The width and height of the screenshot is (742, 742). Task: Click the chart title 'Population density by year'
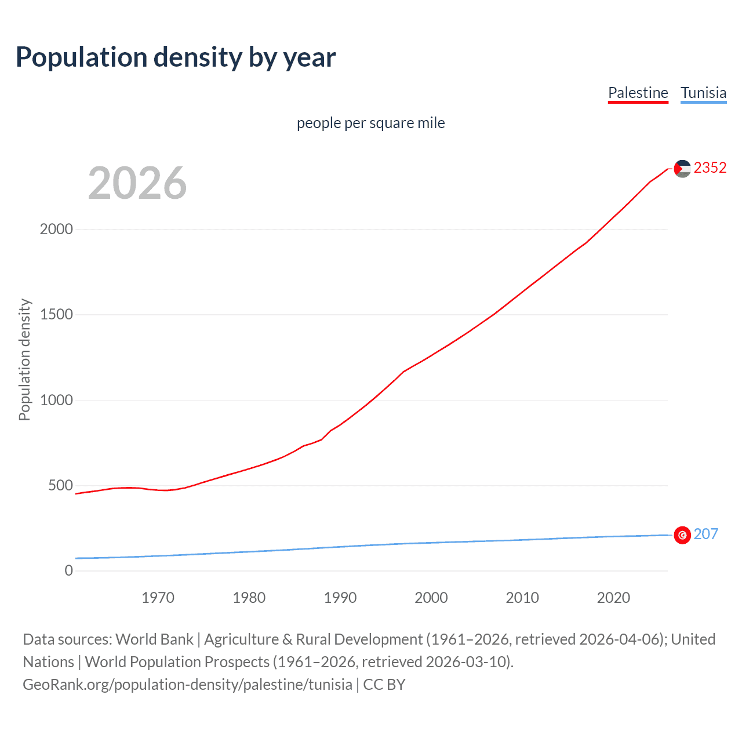[176, 57]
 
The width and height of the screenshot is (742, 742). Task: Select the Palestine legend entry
[638, 93]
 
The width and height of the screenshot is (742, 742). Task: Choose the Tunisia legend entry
[703, 93]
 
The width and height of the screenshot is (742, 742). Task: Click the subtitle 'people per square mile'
[370, 123]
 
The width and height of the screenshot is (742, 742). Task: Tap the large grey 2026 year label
[137, 183]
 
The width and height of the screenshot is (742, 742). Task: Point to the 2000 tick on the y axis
[56, 229]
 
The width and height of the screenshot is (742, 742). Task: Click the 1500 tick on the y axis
[56, 314]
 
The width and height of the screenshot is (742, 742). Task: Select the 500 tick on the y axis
[60, 485]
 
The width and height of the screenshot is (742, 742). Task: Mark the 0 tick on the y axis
[69, 570]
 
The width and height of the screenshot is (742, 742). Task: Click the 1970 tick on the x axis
[158, 598]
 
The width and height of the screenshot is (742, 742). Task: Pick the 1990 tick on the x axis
[340, 598]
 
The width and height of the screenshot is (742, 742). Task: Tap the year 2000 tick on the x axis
[431, 598]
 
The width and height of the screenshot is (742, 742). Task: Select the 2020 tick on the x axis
[613, 598]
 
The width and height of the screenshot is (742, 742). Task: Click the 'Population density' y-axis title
[24, 359]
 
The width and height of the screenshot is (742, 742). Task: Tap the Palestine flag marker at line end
[682, 169]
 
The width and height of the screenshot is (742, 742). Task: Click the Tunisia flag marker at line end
[682, 535]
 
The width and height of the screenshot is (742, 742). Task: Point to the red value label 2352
[710, 168]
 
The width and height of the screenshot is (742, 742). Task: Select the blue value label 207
[705, 534]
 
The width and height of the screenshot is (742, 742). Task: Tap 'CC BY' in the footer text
[384, 684]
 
